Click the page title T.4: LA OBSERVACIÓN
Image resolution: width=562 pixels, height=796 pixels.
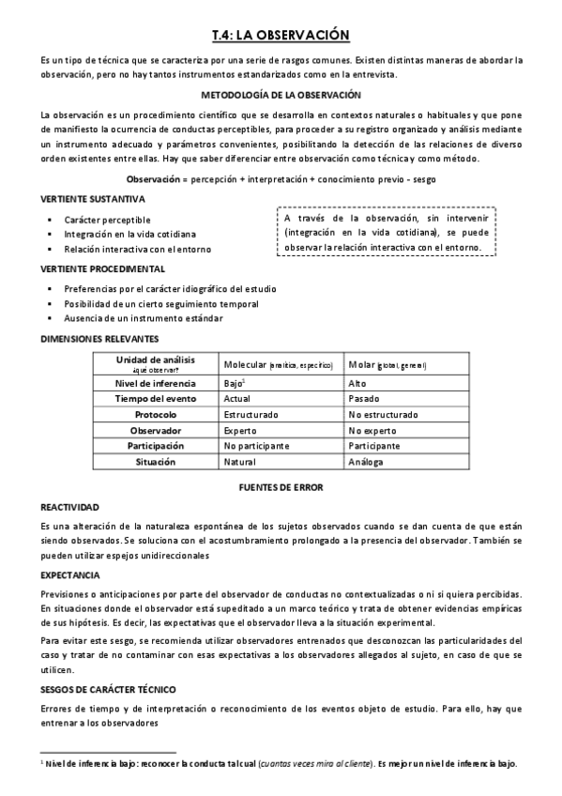[x=281, y=35]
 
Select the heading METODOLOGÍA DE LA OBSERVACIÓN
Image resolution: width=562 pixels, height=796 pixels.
[x=281, y=95]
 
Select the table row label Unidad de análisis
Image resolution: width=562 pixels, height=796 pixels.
[x=156, y=360]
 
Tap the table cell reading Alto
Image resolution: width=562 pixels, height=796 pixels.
[x=357, y=383]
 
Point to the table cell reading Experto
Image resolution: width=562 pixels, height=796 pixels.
[x=240, y=430]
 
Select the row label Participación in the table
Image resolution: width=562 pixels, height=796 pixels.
[x=156, y=446]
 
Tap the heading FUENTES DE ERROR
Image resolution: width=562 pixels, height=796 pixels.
[x=281, y=487]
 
